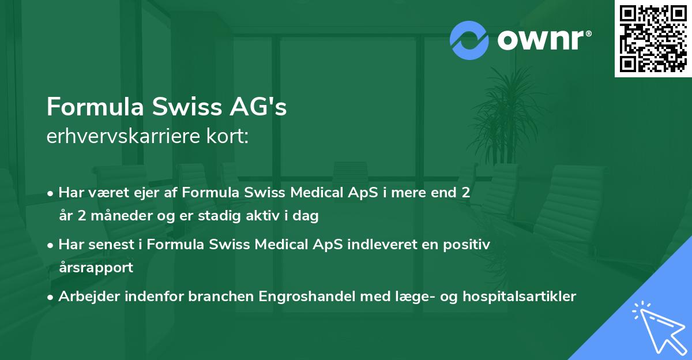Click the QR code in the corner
[653, 38]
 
